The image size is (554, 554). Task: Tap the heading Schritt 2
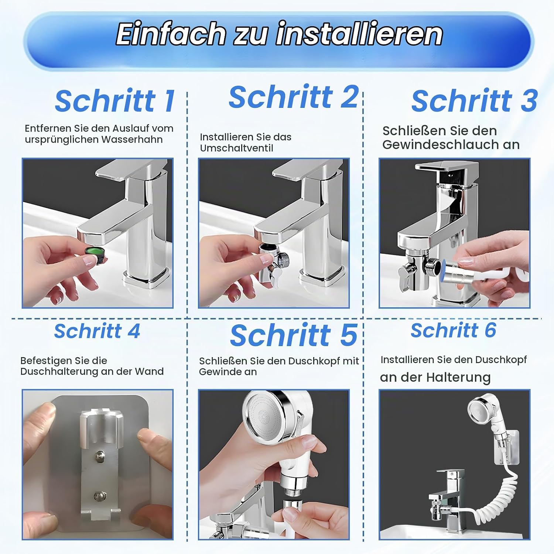pyautogui.click(x=294, y=97)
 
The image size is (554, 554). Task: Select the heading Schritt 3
pyautogui.click(x=475, y=101)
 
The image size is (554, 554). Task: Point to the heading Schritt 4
pyautogui.click(x=97, y=331)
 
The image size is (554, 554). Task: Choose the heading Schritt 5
pyautogui.click(x=294, y=335)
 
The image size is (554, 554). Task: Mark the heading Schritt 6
pyautogui.click(x=454, y=330)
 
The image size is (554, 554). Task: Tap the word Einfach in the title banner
pyautogui.click(x=171, y=34)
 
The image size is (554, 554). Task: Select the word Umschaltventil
pyautogui.click(x=236, y=148)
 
